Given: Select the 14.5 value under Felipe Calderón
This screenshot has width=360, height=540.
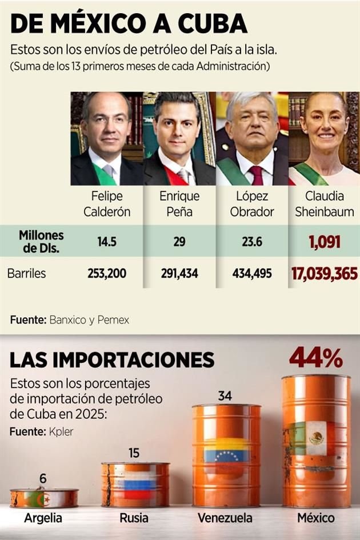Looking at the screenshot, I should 107,242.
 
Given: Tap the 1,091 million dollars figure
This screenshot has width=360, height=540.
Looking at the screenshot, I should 325,242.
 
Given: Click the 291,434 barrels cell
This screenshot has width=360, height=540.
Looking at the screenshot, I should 179,274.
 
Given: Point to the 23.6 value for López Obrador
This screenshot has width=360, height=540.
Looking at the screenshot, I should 251,242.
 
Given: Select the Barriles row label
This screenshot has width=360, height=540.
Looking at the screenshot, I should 27,274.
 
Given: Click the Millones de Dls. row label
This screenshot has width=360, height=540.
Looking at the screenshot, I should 41,241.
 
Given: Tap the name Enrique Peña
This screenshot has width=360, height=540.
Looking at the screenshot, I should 179,204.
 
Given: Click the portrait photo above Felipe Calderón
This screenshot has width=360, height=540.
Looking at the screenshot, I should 107,139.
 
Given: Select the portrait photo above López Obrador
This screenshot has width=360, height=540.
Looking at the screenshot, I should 251,139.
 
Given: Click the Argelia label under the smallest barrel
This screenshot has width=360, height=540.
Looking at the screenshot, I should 43,518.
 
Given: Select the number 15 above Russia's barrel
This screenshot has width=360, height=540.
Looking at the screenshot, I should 134,453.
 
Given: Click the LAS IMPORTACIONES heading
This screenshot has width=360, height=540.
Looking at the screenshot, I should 112,360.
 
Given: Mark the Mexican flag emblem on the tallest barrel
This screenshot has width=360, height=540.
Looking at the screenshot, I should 315,438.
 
